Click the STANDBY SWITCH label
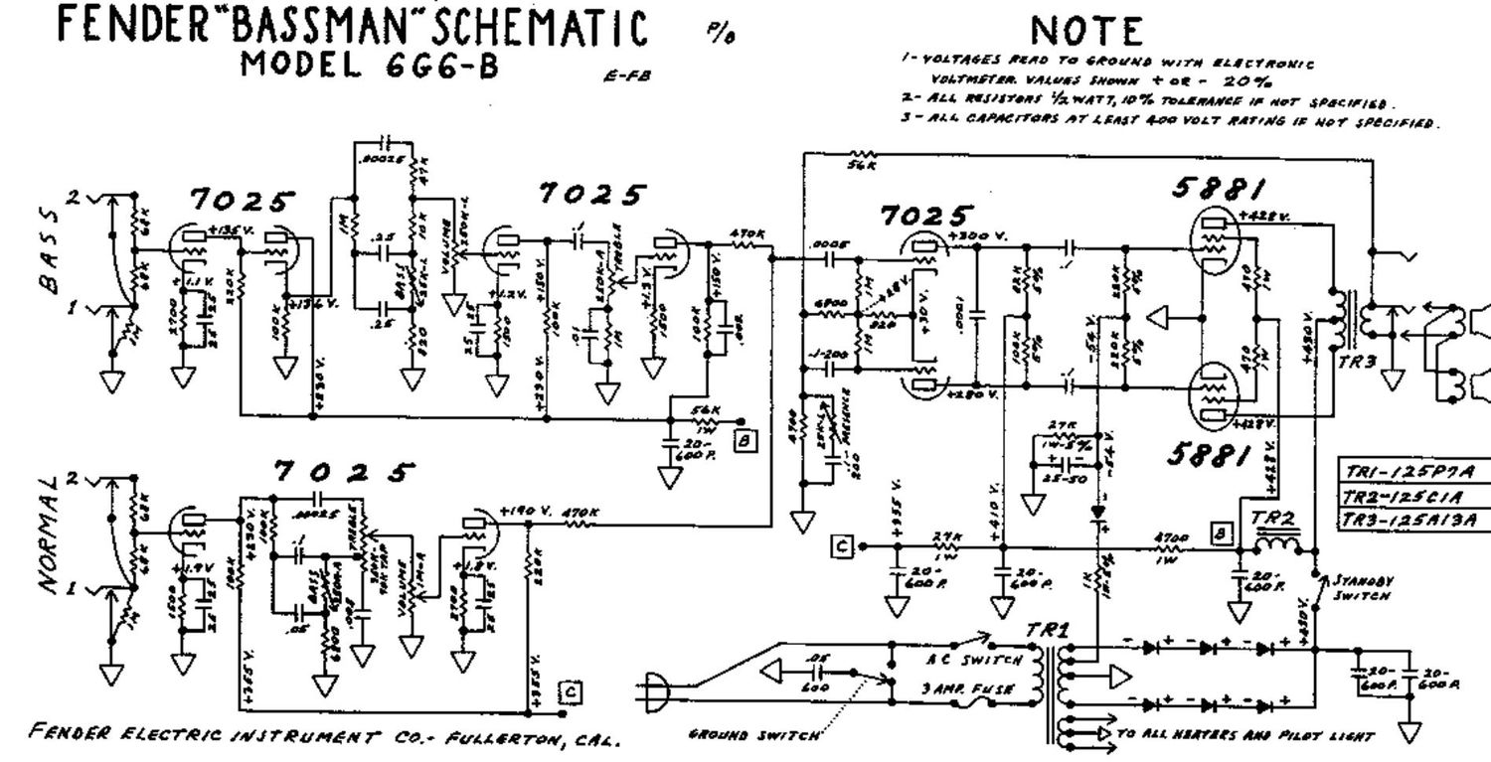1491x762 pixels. (x=1356, y=589)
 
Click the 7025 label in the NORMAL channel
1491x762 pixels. (x=340, y=472)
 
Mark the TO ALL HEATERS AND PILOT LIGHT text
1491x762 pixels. (x=1244, y=736)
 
